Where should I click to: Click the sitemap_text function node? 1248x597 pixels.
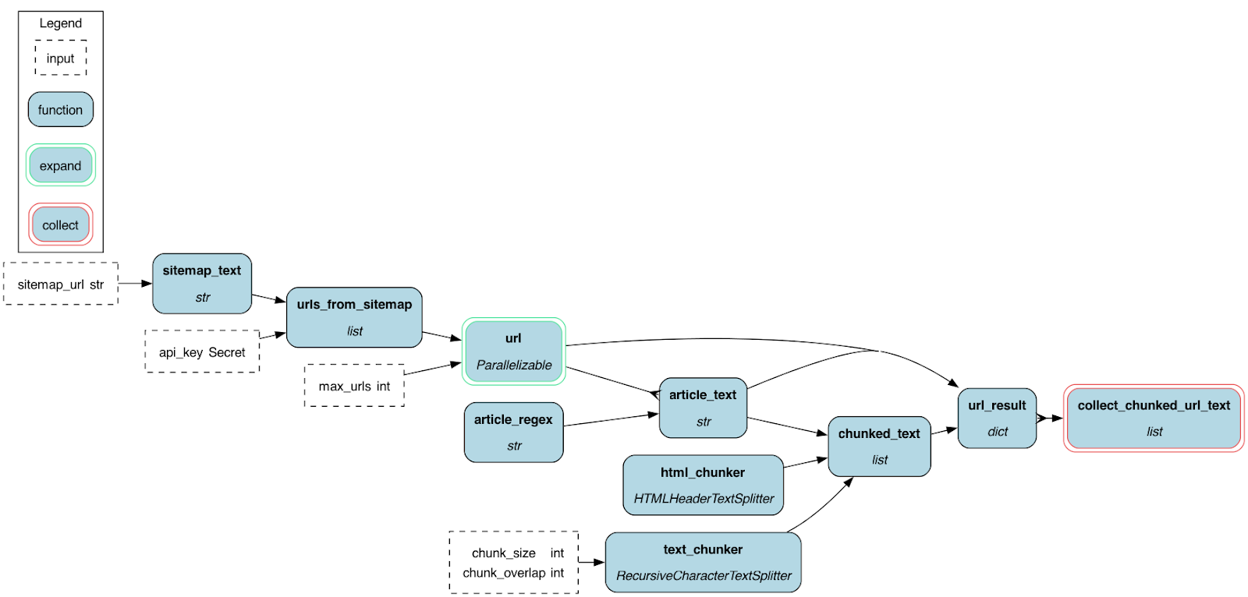tap(202, 284)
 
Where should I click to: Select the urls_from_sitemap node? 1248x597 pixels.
tap(354, 317)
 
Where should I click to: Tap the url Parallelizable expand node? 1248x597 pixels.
tap(513, 351)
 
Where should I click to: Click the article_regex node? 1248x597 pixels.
tap(513, 433)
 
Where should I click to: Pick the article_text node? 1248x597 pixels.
tap(703, 408)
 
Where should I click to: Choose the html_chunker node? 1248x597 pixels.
tap(703, 485)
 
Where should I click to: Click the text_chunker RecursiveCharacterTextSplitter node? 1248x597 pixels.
tap(703, 562)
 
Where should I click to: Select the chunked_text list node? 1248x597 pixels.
tap(879, 446)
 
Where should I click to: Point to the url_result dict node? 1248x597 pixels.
tap(997, 419)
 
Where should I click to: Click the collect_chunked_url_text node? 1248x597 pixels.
tap(1154, 418)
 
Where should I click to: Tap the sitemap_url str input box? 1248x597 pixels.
tap(61, 284)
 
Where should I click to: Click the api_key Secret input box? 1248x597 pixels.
tap(202, 351)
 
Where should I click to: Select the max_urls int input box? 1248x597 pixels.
tap(354, 386)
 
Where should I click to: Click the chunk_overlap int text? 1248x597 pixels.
tap(513, 573)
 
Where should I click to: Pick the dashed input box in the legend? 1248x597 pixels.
tap(61, 58)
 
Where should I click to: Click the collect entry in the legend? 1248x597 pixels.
tap(61, 224)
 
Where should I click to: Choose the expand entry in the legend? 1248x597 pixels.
tap(61, 165)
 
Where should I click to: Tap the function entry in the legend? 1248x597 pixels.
tap(61, 110)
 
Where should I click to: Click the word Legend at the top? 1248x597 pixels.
tap(61, 23)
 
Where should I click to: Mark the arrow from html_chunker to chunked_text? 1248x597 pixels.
tap(805, 463)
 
